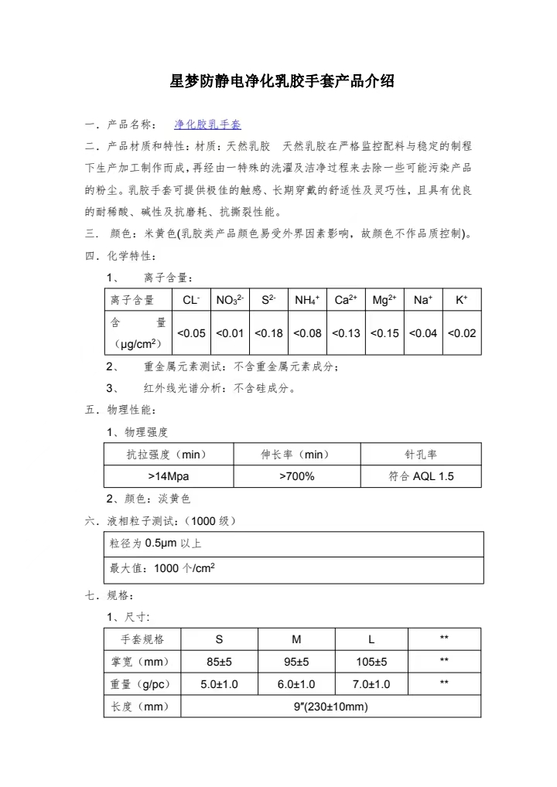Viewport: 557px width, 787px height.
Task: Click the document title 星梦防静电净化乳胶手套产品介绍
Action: [x=282, y=80]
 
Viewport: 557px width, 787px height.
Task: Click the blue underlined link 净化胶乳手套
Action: [x=207, y=124]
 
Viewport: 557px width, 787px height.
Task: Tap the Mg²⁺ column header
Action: [x=384, y=300]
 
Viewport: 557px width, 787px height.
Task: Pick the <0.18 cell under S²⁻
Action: [x=268, y=333]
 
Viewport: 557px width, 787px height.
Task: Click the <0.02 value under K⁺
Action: [x=462, y=333]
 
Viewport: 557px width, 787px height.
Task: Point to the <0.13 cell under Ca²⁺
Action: [x=346, y=333]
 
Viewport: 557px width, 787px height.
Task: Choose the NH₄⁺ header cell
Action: [x=307, y=300]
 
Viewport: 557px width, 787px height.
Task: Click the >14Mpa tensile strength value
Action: [x=168, y=476]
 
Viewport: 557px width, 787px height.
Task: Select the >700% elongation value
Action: [x=296, y=476]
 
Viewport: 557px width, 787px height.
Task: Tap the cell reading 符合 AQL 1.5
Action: [x=421, y=476]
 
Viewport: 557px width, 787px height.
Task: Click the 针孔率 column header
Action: [x=421, y=454]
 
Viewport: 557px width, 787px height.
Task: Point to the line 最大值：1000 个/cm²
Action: [x=162, y=568]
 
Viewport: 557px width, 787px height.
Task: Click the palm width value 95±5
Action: [x=296, y=662]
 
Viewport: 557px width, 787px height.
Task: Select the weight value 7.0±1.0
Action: [x=371, y=684]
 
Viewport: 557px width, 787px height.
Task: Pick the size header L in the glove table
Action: [x=371, y=639]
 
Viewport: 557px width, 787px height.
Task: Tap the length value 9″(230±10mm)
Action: [x=330, y=707]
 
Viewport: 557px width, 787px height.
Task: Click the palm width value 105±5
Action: [x=371, y=662]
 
